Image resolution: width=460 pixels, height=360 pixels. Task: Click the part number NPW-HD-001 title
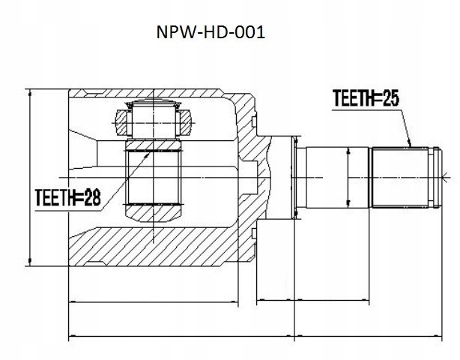(x=212, y=33)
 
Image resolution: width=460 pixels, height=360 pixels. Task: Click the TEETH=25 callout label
(x=366, y=97)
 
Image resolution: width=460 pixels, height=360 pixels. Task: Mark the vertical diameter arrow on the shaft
(x=348, y=177)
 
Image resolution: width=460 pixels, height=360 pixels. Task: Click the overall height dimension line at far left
(x=29, y=177)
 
